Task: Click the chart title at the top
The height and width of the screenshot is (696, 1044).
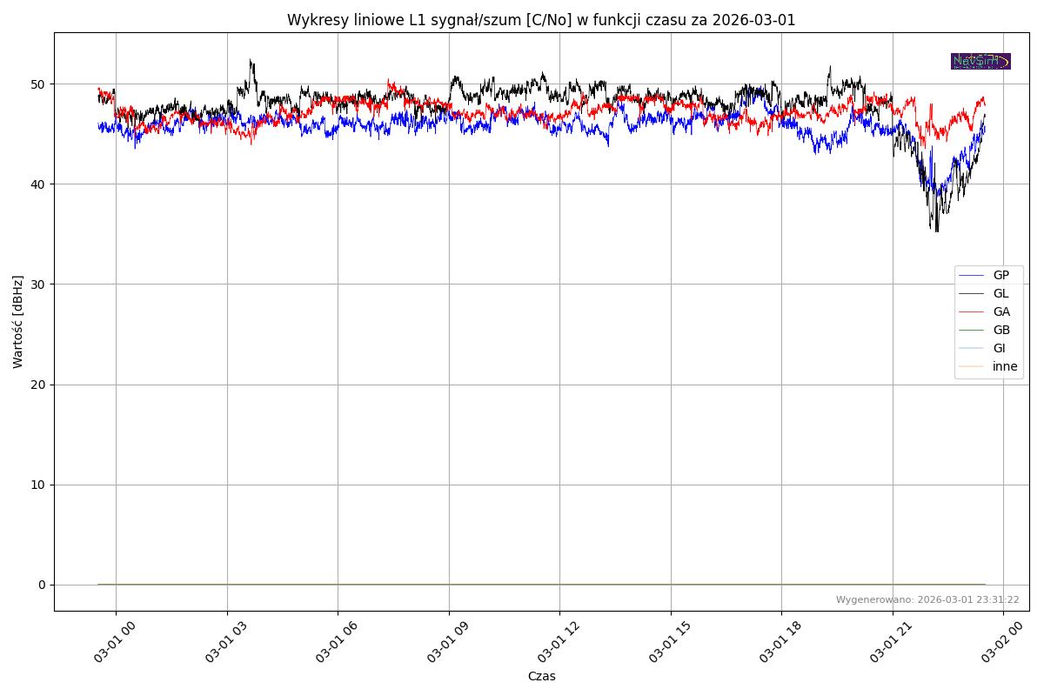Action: click(x=541, y=20)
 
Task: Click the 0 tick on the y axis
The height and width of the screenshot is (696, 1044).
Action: click(x=42, y=585)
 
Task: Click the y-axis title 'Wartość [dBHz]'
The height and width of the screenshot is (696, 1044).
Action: click(x=18, y=322)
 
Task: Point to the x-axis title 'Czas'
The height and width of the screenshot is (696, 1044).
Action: click(x=541, y=677)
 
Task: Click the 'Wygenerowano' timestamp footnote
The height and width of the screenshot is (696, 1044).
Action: click(x=927, y=600)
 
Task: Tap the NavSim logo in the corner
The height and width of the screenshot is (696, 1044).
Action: click(x=980, y=61)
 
